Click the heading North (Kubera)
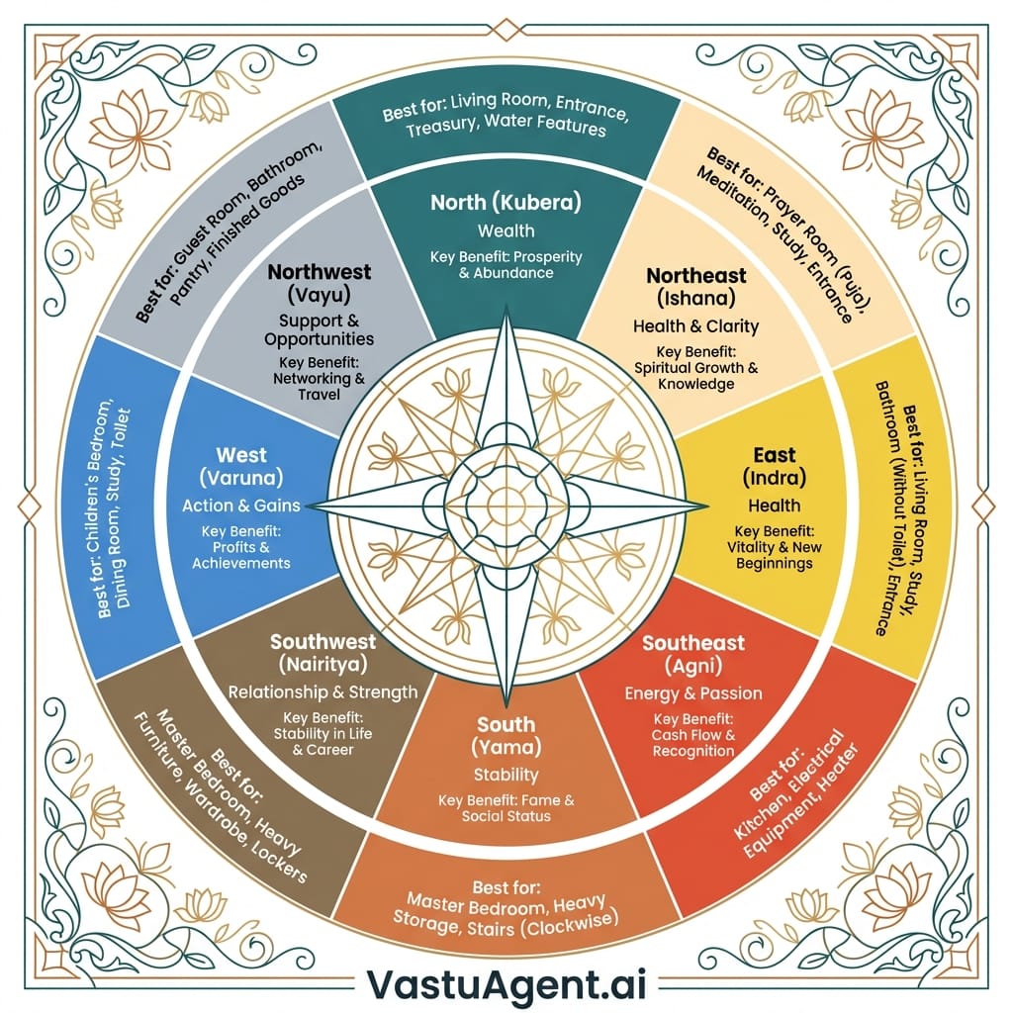click(506, 203)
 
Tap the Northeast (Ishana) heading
click(695, 286)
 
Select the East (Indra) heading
click(775, 467)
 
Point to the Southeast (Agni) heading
click(692, 653)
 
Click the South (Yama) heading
click(506, 736)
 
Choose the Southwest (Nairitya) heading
click(322, 652)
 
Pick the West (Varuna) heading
click(241, 467)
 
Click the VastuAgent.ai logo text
click(506, 982)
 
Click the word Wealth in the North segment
click(506, 230)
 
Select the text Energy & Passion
click(692, 692)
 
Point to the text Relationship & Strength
click(322, 691)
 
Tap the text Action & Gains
click(241, 506)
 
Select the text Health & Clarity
click(695, 325)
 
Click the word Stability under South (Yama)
click(506, 774)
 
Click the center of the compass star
click(506, 506)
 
